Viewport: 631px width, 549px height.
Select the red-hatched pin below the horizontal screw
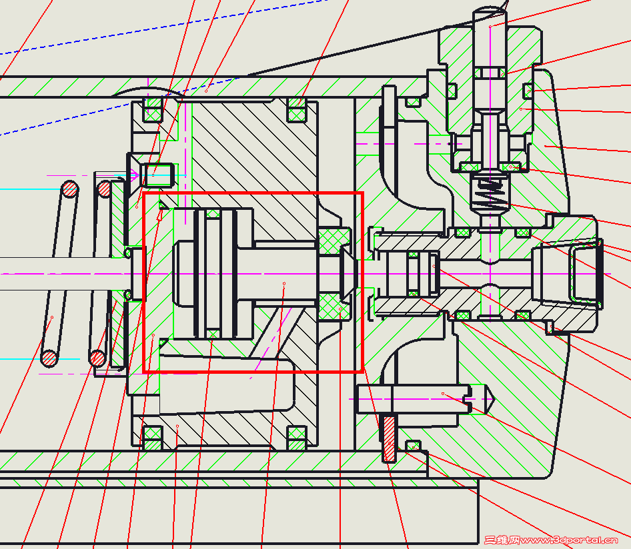pos(389,437)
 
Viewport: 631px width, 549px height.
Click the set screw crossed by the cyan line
pos(160,174)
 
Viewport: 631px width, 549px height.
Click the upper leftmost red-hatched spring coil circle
pos(70,189)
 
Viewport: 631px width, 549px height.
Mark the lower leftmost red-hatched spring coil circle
pos(49,358)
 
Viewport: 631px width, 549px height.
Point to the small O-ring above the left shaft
pos(128,253)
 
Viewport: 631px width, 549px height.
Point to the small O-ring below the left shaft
pos(128,294)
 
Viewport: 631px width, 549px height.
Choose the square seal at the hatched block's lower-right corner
pos(297,437)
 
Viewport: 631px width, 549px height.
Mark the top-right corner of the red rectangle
pos(362,194)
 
